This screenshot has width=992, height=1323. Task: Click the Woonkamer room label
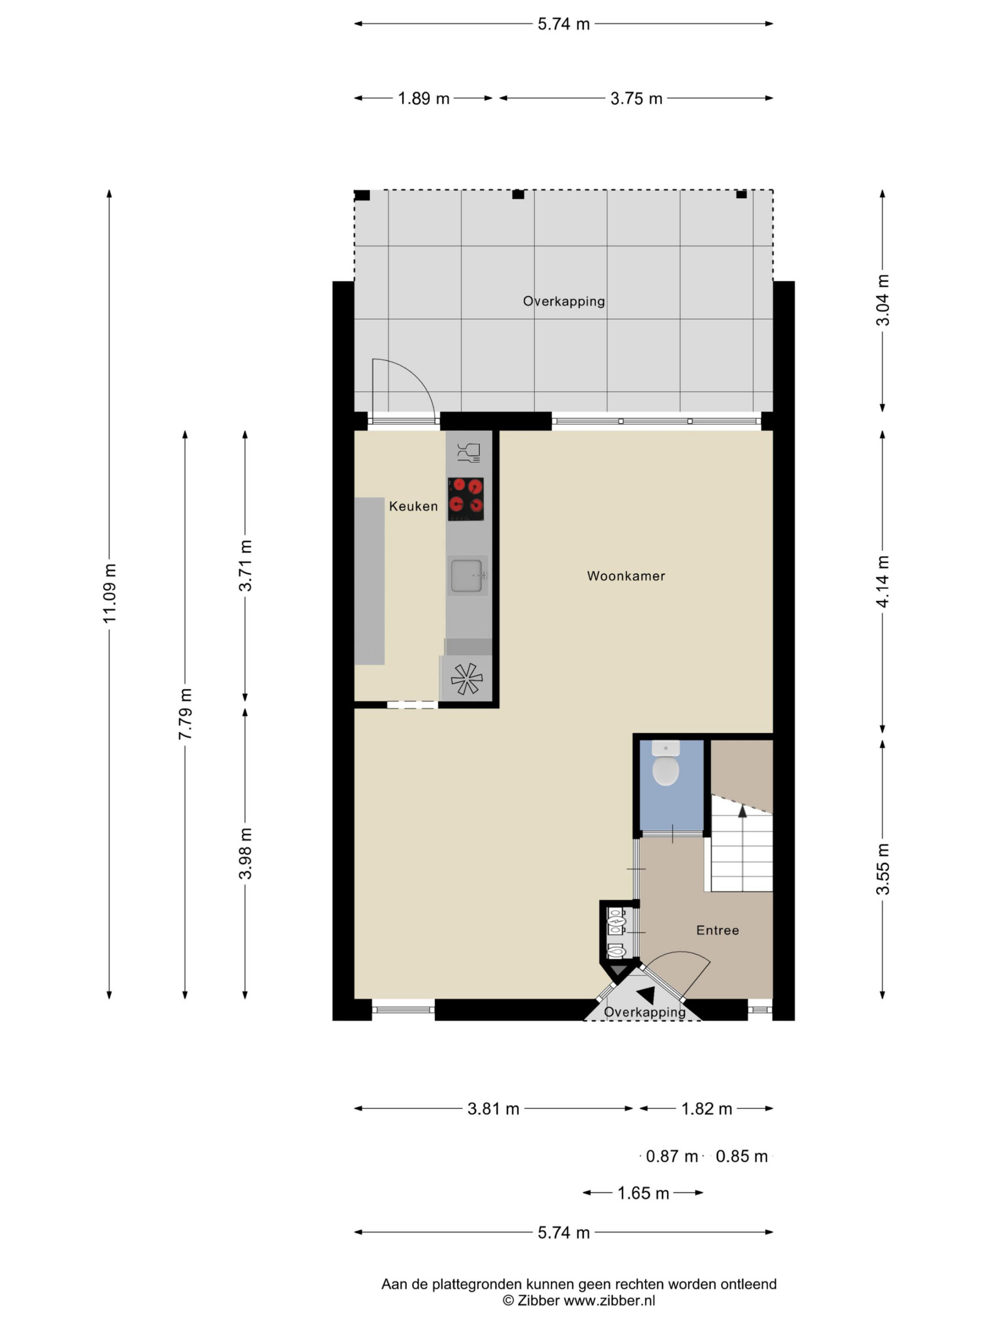(626, 576)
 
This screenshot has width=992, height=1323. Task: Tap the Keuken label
(413, 506)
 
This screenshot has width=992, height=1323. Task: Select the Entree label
(718, 930)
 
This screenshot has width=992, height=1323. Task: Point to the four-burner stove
(466, 499)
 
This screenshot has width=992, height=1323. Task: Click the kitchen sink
(467, 575)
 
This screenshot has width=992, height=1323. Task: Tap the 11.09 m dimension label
(110, 593)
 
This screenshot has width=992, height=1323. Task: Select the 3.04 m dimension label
(882, 300)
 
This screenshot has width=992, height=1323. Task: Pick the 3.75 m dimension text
(636, 98)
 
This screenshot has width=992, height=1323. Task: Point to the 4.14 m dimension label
(882, 581)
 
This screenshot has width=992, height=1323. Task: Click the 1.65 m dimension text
(643, 1193)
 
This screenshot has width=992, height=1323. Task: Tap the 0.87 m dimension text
(672, 1156)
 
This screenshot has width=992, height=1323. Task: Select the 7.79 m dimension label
(185, 714)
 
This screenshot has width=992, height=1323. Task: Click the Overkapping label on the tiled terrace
(564, 301)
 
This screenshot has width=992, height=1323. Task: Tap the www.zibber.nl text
(609, 1300)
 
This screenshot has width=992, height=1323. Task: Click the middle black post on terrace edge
(518, 194)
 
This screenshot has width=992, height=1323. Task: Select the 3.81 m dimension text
(493, 1109)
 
